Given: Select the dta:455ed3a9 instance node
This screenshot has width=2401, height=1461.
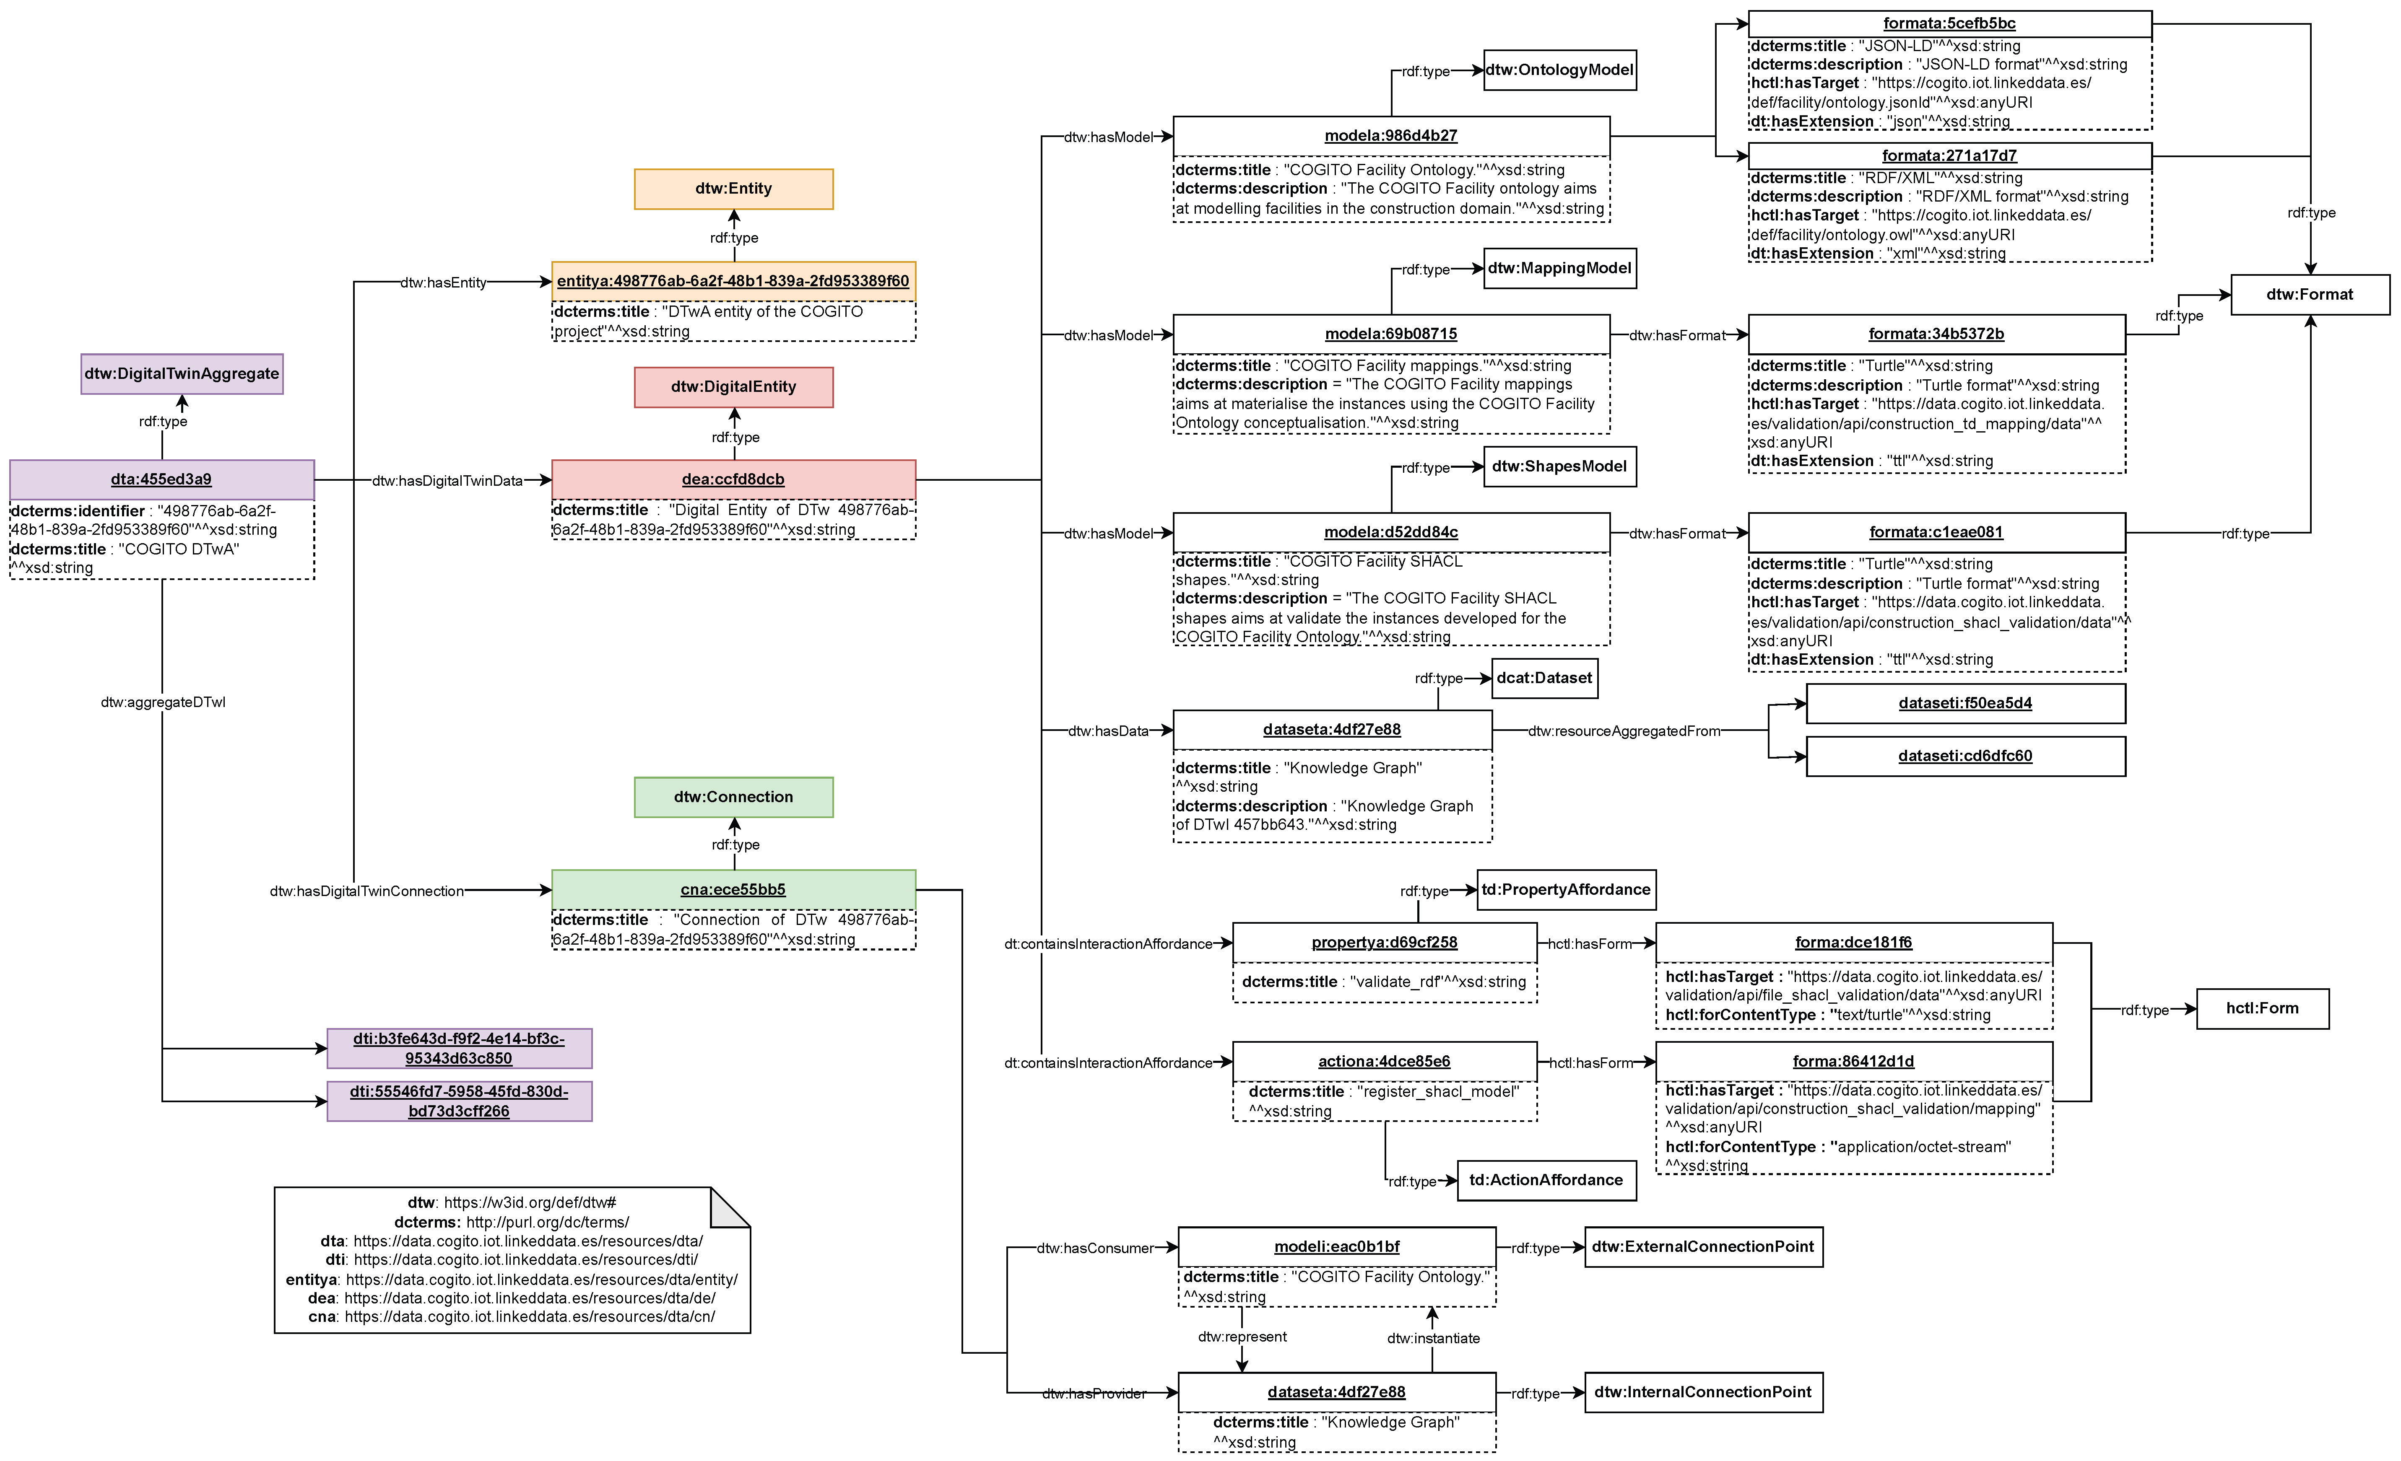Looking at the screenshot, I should [x=162, y=479].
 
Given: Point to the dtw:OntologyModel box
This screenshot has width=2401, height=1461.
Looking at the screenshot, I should [x=1559, y=70].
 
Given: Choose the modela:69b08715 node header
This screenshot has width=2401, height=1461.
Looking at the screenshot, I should [x=1390, y=334].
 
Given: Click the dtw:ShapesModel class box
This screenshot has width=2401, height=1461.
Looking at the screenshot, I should [x=1559, y=466].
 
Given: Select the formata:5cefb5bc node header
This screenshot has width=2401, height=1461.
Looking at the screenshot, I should [x=1949, y=23].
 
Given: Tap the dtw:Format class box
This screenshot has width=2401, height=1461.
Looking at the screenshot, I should [x=2310, y=294].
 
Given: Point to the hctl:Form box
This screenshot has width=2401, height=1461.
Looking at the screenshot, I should [x=2262, y=1008].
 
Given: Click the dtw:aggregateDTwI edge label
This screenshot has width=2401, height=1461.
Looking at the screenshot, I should [x=163, y=702].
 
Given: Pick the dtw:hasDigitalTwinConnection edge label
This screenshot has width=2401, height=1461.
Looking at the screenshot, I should [x=366, y=891].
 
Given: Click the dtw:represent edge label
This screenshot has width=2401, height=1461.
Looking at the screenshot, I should [x=1242, y=1337].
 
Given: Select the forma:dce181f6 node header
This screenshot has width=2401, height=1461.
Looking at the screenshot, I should [x=1853, y=943].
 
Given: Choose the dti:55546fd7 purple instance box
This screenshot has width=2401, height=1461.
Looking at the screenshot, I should [x=459, y=1101].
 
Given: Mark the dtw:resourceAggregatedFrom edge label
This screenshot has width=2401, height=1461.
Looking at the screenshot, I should [x=1624, y=731].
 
